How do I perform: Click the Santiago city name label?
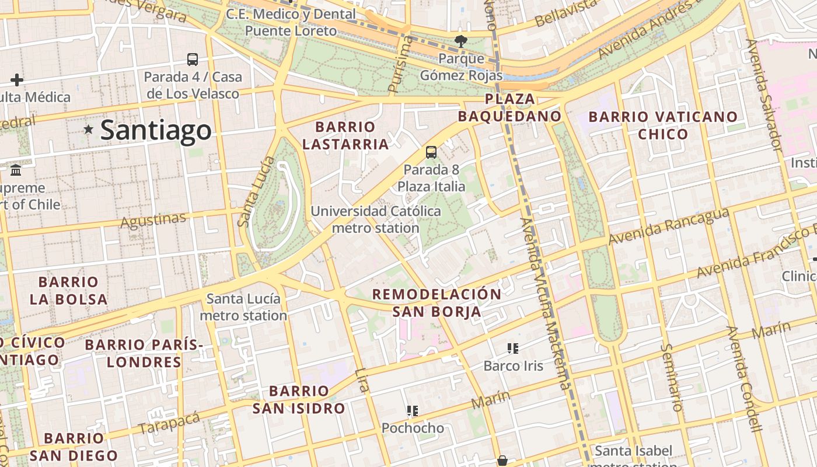(155, 130)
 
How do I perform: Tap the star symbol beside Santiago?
(88, 129)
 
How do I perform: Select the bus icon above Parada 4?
(193, 59)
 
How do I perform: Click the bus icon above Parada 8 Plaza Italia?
(431, 152)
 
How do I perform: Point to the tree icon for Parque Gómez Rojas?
(461, 41)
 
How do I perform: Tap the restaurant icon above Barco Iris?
(513, 348)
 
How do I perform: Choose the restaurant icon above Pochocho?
(413, 411)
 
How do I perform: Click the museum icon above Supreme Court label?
(16, 170)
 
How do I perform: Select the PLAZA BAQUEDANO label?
(509, 107)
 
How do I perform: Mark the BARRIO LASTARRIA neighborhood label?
(345, 135)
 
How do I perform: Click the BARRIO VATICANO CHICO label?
(663, 126)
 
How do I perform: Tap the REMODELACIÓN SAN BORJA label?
(437, 302)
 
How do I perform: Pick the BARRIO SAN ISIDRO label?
(298, 399)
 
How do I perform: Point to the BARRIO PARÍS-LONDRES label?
(144, 353)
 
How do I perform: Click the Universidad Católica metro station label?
(376, 219)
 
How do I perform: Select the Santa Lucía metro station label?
(243, 307)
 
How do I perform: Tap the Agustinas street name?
(153, 220)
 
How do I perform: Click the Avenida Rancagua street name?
(669, 226)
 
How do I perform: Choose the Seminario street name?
(672, 377)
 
